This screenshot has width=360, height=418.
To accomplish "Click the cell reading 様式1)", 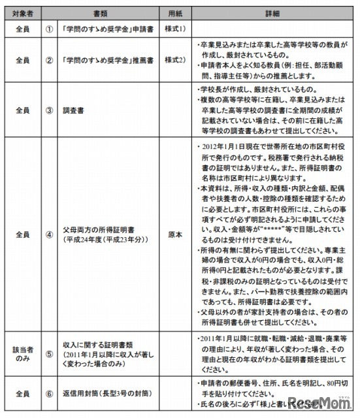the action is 172,29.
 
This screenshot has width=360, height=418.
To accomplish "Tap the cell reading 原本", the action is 172,233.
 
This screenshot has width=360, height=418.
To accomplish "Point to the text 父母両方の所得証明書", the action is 98,229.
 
